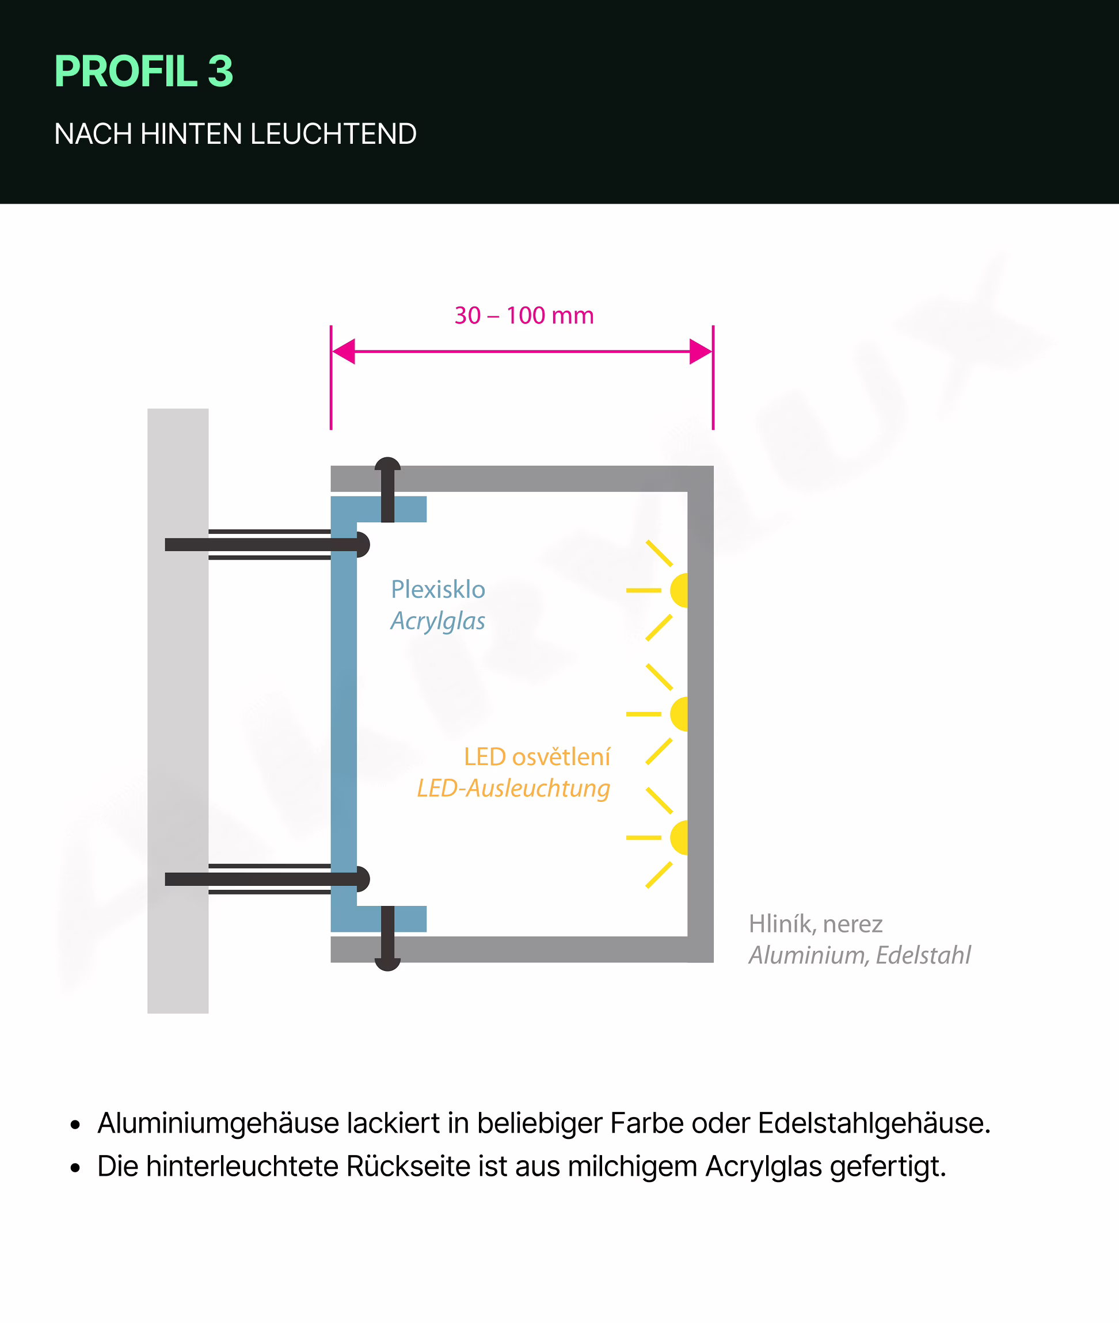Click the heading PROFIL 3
[144, 71]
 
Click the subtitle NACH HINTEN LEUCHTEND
[235, 134]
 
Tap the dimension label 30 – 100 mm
[524, 315]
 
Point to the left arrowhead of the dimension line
[343, 351]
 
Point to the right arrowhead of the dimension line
[701, 351]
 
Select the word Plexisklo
[437, 590]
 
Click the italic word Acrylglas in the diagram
[437, 621]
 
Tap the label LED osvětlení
[536, 756]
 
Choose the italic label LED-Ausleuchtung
[513, 788]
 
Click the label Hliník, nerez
[815, 924]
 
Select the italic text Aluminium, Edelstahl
[859, 955]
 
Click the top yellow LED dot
[679, 590]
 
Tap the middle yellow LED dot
[679, 714]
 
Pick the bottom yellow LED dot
[679, 838]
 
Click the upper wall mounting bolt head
[363, 545]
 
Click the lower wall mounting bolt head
[363, 878]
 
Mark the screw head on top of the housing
[387, 464]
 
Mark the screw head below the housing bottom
[387, 964]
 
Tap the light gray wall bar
[178, 710]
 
